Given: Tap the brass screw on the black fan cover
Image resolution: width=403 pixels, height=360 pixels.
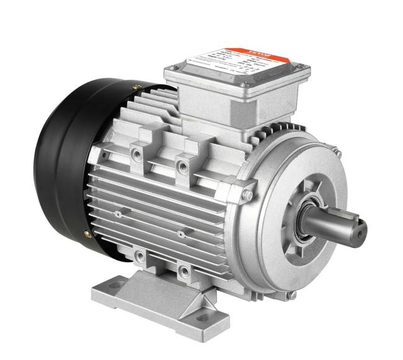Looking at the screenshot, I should [x=86, y=234].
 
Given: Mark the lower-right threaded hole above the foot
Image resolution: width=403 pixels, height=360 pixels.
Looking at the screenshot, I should [x=184, y=270].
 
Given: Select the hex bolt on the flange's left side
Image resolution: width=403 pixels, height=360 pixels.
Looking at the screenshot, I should [x=247, y=196].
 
